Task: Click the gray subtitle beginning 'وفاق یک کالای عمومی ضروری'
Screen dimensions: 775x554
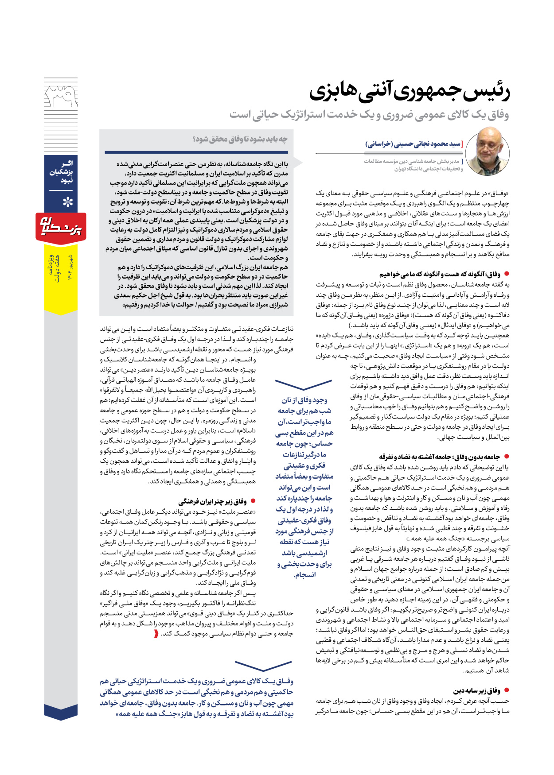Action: (369, 115)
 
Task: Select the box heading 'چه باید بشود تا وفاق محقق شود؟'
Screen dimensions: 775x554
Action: (240, 139)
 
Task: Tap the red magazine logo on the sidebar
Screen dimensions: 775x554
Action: (61, 227)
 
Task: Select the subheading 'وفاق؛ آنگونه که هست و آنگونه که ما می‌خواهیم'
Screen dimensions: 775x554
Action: (439, 275)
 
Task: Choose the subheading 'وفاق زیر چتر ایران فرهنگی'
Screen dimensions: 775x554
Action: (212, 502)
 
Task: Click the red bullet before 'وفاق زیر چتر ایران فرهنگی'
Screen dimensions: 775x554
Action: (253, 501)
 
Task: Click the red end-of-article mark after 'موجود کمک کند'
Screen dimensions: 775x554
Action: (156, 634)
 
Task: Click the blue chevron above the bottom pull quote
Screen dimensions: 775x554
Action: (263, 665)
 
